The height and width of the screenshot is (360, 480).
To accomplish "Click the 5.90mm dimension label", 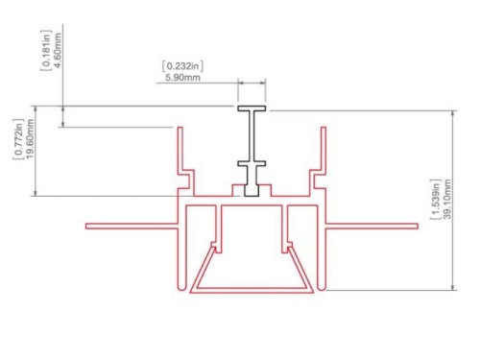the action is pyautogui.click(x=182, y=78).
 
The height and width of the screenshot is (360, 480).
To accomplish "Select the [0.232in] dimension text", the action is pyautogui.click(x=182, y=66).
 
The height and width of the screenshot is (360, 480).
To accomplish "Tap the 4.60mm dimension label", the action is pyautogui.click(x=59, y=51).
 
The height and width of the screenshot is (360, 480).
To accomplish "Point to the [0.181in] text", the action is pyautogui.click(x=46, y=50).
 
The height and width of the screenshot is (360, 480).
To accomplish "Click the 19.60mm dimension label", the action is pyautogui.click(x=31, y=138).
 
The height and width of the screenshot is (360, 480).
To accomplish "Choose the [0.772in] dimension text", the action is pyautogui.click(x=18, y=139).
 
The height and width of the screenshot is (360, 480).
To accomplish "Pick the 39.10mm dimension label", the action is pyautogui.click(x=447, y=199).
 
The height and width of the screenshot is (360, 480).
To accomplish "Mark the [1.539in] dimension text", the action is pyautogui.click(x=435, y=200).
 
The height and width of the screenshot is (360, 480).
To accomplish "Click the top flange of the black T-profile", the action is pyautogui.click(x=252, y=108).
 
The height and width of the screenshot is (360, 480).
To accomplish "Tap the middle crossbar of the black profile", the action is pyautogui.click(x=252, y=163).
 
